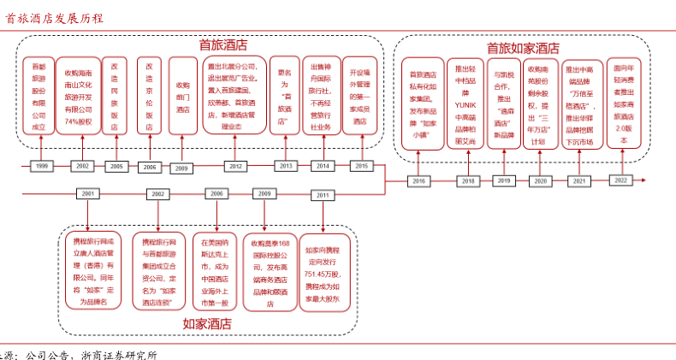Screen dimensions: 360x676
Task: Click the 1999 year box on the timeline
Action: pyautogui.click(x=41, y=165)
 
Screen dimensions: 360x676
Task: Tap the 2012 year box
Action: pyautogui.click(x=235, y=166)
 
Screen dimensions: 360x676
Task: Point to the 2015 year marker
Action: pyautogui.click(x=360, y=166)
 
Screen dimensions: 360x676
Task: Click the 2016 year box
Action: pyautogui.click(x=418, y=181)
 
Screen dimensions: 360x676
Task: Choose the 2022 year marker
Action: pyautogui.click(x=621, y=180)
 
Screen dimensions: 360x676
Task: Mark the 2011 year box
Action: pyautogui.click(x=322, y=195)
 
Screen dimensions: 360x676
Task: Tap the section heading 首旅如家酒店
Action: pyautogui.click(x=523, y=49)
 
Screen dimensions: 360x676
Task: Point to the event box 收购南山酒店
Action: pyautogui.click(x=182, y=96)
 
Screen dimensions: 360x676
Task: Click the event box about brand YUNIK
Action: pyautogui.click(x=465, y=104)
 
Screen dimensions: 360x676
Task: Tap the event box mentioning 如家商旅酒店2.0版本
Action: pyautogui.click(x=623, y=103)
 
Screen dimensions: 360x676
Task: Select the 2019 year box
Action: pyautogui.click(x=503, y=180)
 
